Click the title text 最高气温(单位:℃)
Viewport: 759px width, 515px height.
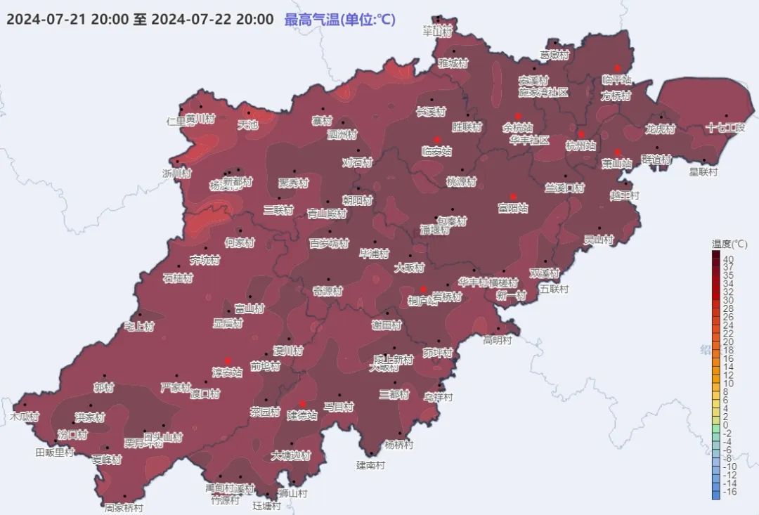339,20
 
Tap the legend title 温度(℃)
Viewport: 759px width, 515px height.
729,244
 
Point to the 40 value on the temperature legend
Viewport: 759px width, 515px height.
729,258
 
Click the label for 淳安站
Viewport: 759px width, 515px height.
227,372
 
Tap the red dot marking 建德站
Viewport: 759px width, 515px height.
302,403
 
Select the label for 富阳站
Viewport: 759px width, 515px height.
513,208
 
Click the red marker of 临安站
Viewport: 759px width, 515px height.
436,139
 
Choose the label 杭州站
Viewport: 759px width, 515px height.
581,146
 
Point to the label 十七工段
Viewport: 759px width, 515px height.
725,128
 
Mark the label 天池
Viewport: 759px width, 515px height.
248,126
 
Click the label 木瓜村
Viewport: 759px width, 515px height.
24,417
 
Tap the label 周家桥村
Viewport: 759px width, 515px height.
124,507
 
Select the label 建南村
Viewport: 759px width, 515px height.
370,465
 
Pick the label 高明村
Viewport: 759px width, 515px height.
498,340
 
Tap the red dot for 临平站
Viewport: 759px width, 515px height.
618,68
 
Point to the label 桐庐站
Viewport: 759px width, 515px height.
422,301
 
